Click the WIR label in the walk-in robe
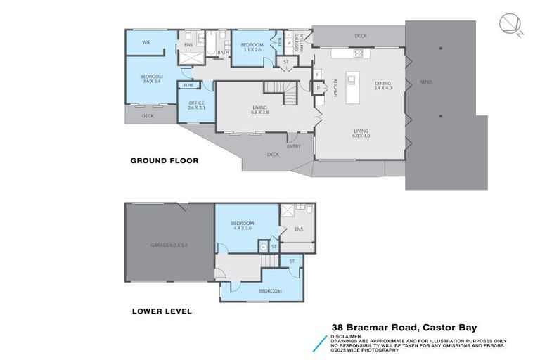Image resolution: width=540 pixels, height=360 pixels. pos(147,42)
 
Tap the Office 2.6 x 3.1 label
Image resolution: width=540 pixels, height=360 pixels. pos(196,105)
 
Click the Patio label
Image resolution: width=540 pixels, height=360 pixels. pos(425,82)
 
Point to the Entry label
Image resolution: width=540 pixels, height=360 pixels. pos(293,146)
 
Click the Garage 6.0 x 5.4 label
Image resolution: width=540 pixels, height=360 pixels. pos(169,245)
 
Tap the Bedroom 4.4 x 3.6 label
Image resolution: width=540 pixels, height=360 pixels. pos(243,226)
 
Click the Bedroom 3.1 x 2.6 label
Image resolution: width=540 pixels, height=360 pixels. pos(252,46)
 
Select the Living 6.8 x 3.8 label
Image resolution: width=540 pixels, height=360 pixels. pos(260,110)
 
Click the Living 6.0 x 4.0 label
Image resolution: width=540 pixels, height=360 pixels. pos(361,133)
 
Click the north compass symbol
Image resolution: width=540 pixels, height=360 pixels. pos(510,25)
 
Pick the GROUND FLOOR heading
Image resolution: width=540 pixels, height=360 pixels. pos(164,160)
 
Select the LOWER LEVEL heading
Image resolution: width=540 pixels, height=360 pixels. pos(162,311)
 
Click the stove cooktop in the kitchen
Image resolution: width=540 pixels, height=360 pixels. pos(358,53)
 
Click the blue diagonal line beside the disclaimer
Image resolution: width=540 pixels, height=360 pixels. pos(323,340)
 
